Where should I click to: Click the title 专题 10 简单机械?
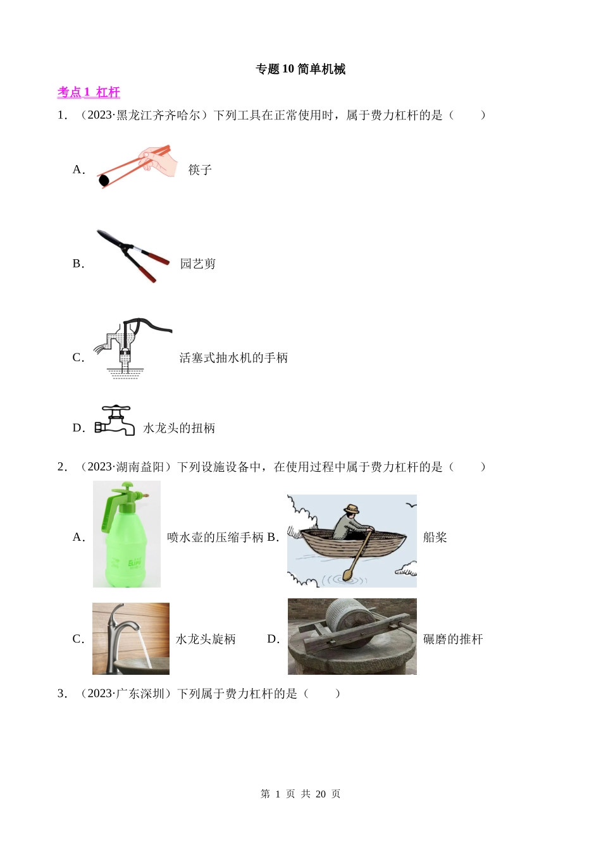[x=300, y=69]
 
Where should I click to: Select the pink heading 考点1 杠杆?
[x=89, y=92]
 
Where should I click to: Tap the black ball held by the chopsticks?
[x=103, y=181]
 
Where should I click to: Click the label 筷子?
[x=200, y=169]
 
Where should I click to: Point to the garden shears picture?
[x=133, y=256]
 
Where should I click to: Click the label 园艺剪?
[x=198, y=264]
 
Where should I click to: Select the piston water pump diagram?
[x=132, y=348]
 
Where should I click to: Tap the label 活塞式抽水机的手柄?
[x=233, y=358]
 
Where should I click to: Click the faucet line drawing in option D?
[x=115, y=420]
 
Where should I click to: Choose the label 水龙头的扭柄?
[x=179, y=428]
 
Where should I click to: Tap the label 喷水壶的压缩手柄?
[x=215, y=537]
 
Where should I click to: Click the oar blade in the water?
[x=348, y=575]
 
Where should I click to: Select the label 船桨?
[x=435, y=537]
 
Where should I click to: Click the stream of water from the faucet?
[x=145, y=648]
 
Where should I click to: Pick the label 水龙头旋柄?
[x=206, y=639]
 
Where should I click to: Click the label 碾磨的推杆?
[x=453, y=639]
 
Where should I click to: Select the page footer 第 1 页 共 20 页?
[x=300, y=794]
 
